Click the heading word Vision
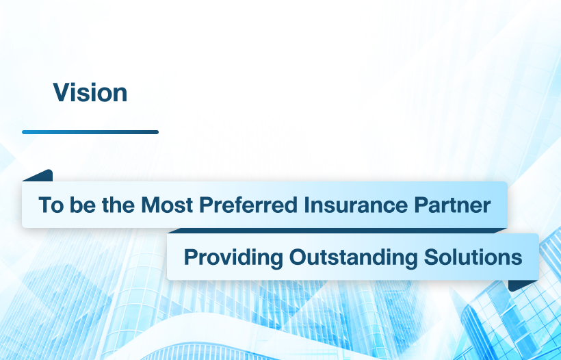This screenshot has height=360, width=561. point(90,92)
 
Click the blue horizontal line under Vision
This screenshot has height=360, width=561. point(90,132)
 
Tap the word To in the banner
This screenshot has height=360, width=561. point(51,205)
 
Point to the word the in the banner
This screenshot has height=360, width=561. point(118,205)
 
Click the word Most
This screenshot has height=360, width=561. point(167,205)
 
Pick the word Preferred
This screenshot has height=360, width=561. point(248,205)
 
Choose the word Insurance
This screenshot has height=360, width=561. point(356,205)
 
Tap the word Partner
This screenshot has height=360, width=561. point(452,205)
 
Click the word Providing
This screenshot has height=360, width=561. point(233,257)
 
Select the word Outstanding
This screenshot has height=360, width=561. point(353,257)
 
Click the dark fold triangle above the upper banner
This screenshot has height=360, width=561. point(40,176)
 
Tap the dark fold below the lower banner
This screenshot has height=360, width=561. point(521,285)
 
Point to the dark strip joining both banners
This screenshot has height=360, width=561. point(337,231)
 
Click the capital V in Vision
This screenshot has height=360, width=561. point(62,92)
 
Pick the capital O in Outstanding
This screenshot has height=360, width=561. point(298,257)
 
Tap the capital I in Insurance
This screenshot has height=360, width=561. point(306,205)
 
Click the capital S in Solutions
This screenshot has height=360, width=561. point(432,257)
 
